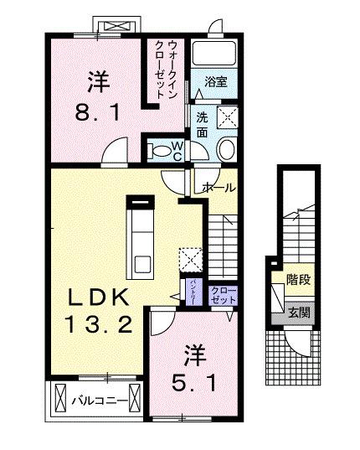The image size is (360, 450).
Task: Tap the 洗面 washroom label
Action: pos(203,124)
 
